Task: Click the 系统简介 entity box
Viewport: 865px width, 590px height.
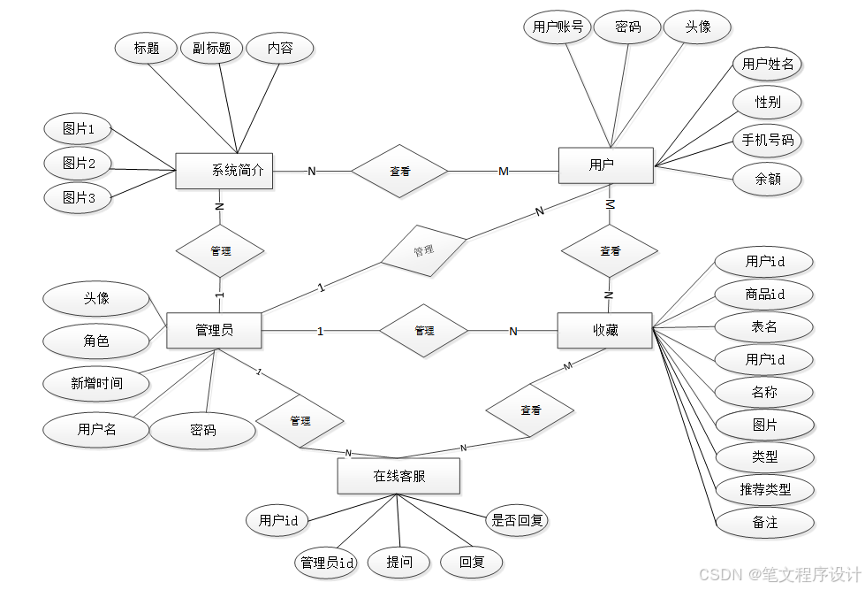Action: click(x=224, y=171)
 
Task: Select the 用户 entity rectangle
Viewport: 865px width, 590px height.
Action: click(x=605, y=165)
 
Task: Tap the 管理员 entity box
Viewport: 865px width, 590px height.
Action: click(x=214, y=331)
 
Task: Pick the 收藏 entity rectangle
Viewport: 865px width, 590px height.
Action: click(x=604, y=331)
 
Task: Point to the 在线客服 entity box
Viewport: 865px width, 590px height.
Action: click(x=398, y=476)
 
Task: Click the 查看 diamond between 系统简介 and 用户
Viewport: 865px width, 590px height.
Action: click(x=399, y=171)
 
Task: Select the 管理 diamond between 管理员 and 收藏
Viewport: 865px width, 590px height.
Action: click(x=424, y=331)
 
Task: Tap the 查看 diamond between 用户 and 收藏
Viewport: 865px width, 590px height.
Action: click(x=610, y=251)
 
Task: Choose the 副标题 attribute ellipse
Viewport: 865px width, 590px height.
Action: click(x=212, y=49)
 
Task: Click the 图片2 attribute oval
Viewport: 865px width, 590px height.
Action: click(x=79, y=164)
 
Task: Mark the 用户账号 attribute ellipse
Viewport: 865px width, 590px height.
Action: click(x=558, y=27)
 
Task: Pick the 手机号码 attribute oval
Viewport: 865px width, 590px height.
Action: click(x=767, y=141)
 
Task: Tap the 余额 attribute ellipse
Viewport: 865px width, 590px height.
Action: click(x=767, y=180)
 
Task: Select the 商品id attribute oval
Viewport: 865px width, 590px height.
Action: click(x=764, y=295)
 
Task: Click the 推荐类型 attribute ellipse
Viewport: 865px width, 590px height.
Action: click(x=764, y=489)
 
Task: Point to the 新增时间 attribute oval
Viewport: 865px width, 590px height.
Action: click(x=96, y=383)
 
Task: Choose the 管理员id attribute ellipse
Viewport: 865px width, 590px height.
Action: click(x=328, y=562)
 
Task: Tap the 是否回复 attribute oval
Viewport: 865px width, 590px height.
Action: click(x=518, y=521)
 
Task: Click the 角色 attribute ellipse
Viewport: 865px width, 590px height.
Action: click(x=96, y=341)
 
